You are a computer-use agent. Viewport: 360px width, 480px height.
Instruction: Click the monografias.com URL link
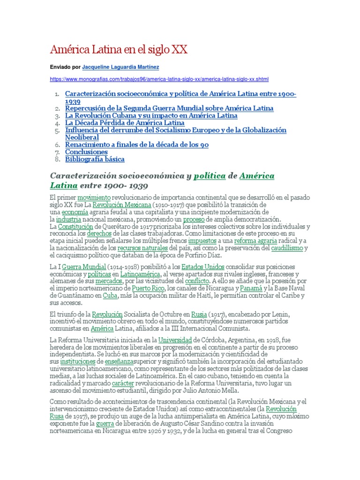159,79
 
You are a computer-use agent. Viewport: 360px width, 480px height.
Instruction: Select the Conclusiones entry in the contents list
86,152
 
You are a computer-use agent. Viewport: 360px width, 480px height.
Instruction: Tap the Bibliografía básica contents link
95,159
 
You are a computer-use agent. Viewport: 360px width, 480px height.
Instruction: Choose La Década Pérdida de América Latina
125,123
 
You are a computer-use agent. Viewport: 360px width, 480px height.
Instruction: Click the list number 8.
57,159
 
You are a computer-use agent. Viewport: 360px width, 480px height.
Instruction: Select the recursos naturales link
142,247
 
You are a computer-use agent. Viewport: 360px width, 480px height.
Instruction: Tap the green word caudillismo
287,247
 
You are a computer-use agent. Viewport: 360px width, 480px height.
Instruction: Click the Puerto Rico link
148,288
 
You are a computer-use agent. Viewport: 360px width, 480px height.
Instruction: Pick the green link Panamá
255,288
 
